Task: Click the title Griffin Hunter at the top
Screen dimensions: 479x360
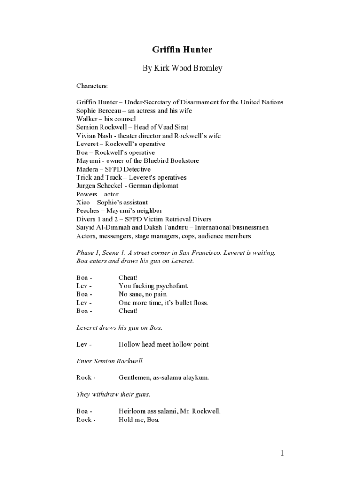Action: (x=182, y=49)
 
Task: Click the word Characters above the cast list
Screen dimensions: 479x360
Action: (x=92, y=86)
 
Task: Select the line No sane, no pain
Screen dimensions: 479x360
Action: (x=143, y=294)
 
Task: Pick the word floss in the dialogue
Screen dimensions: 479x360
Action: (x=199, y=303)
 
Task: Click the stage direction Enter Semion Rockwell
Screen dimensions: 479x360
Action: (x=110, y=361)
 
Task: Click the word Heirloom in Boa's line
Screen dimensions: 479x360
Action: (x=133, y=411)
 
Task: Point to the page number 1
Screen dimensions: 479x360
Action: (x=282, y=453)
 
